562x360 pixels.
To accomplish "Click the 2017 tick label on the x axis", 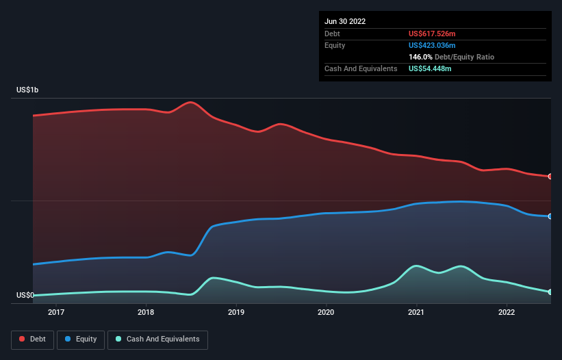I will [x=56, y=313].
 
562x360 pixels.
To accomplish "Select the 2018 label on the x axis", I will [x=146, y=313].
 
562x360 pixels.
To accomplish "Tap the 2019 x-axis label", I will [x=236, y=313].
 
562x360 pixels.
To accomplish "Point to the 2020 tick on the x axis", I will [x=326, y=313].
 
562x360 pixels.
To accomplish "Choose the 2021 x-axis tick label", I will [x=416, y=313].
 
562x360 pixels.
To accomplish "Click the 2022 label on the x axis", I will [x=507, y=313].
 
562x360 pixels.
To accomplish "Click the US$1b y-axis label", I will [x=28, y=90].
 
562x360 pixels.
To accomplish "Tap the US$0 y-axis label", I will [x=25, y=296].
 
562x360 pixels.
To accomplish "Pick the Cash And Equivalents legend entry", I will [x=157, y=339].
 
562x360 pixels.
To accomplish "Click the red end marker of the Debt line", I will [x=550, y=177].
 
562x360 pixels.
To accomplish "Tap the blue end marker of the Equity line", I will [x=550, y=216].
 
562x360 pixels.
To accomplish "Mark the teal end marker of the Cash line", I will [x=550, y=292].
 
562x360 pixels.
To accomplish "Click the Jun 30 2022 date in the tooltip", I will [x=345, y=21].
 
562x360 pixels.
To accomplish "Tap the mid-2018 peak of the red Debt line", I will [x=191, y=103].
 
